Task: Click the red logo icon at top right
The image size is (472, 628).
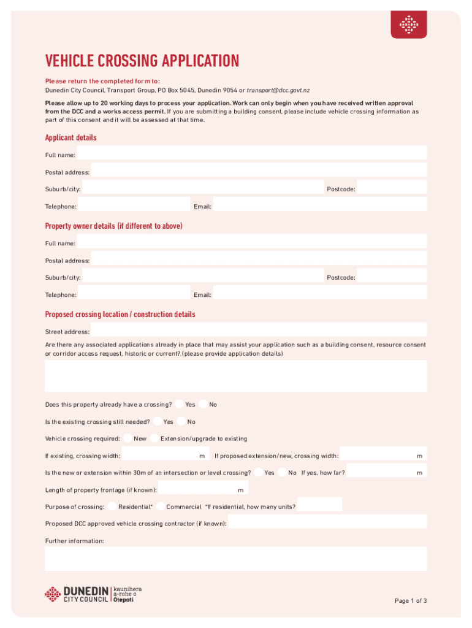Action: (x=409, y=25)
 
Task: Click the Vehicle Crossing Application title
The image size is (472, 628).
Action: (x=142, y=61)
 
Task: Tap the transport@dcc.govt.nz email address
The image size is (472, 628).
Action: (x=278, y=90)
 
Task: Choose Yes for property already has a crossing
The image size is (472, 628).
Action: (x=179, y=404)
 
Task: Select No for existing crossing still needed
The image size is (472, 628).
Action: (x=181, y=421)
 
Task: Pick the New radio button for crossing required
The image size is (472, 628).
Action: (x=128, y=438)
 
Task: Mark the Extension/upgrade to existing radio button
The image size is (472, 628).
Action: (x=154, y=438)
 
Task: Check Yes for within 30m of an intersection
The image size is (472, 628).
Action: (x=259, y=472)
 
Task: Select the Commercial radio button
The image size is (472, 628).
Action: (x=161, y=507)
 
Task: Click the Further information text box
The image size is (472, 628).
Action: (x=235, y=558)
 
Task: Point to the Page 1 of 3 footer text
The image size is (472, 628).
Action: (x=410, y=601)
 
